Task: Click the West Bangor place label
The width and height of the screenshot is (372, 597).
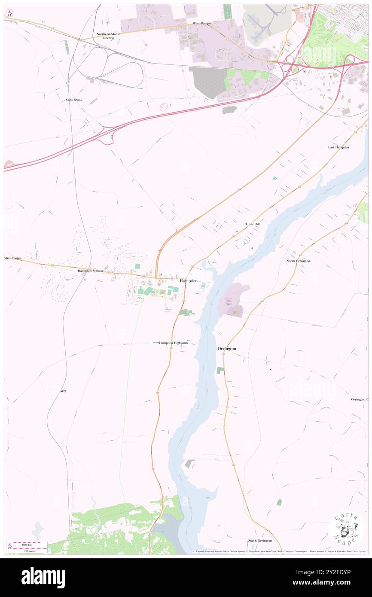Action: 201,23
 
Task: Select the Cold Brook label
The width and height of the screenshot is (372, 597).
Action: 74,100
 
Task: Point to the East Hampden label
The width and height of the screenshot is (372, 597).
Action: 338,147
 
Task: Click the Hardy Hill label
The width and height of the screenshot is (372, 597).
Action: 252,224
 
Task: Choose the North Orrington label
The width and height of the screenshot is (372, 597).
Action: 298,261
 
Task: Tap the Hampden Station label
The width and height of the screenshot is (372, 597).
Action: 90,271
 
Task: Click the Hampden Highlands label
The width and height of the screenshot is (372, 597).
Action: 174,343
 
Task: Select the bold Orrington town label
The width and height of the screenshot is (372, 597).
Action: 226,349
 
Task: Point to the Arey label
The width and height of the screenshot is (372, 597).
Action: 63,391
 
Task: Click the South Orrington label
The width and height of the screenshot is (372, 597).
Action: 260,540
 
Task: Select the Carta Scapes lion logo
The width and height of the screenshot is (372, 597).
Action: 346,529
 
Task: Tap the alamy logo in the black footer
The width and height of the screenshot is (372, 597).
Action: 43,577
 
